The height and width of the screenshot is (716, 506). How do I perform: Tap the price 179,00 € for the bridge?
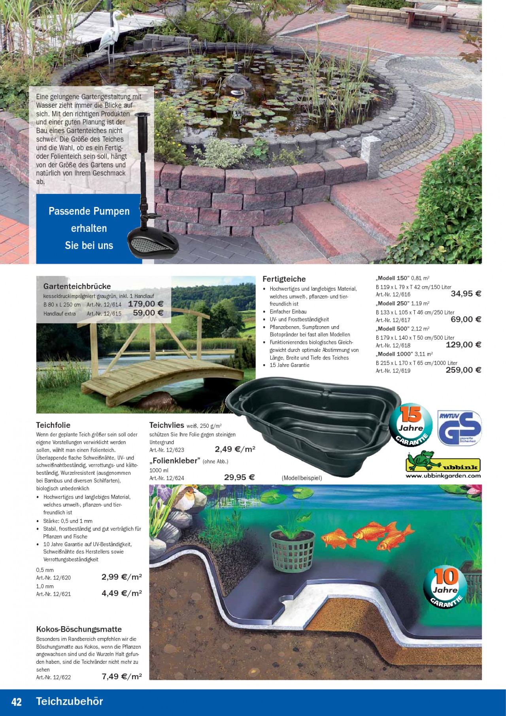tap(145, 304)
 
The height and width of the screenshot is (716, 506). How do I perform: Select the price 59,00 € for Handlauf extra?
tap(148, 313)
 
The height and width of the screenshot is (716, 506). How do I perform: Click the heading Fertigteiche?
tap(284, 279)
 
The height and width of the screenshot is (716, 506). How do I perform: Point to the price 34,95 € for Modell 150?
tap(466, 294)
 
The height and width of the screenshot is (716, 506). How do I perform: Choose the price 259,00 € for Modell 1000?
tap(463, 370)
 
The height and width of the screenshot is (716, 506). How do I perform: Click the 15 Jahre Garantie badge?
tap(411, 425)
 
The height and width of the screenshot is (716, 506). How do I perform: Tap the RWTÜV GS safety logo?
tap(459, 428)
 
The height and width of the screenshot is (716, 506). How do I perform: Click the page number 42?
tap(17, 702)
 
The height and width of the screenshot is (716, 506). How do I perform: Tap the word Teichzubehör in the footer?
tap(70, 701)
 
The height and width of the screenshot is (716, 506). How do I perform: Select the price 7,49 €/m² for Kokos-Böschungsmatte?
tap(121, 677)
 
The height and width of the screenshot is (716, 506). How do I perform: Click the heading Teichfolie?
tap(53, 425)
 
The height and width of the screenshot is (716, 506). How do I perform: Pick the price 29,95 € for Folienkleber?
tap(239, 478)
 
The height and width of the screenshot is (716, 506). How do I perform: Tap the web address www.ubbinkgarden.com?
tap(443, 476)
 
